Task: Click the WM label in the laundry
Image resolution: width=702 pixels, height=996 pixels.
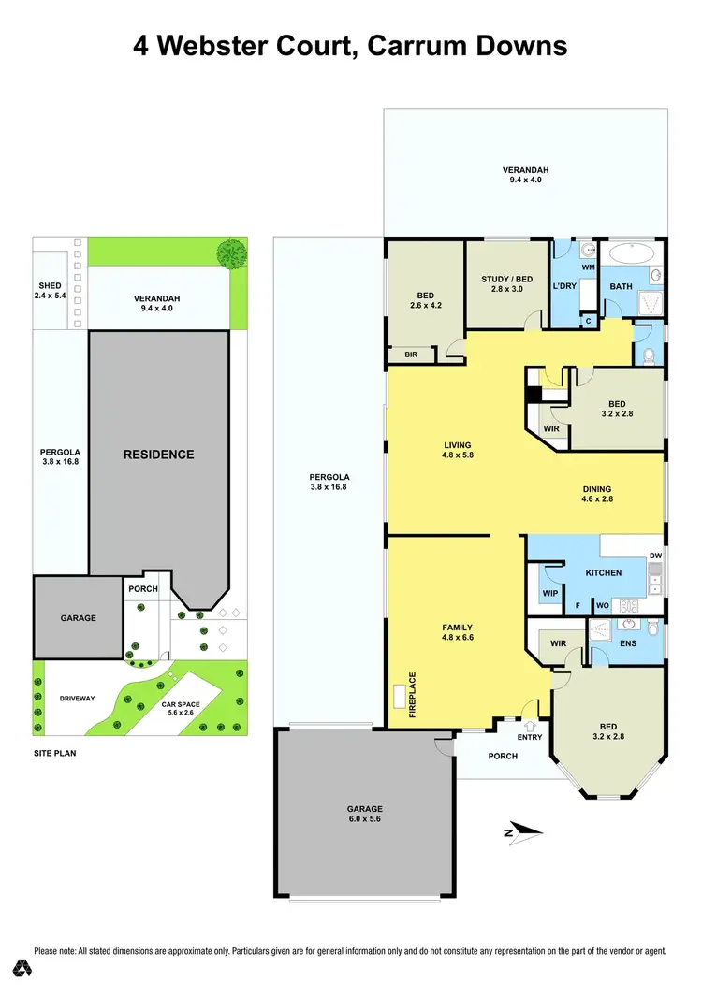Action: [x=589, y=267]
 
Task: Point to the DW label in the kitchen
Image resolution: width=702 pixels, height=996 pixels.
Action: [x=655, y=556]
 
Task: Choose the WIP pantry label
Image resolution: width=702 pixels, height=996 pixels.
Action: [x=549, y=593]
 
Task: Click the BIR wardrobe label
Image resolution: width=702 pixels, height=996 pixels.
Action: [x=410, y=355]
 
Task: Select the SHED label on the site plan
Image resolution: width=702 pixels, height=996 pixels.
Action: [x=50, y=286]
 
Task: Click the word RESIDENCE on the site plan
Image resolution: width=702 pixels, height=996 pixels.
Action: [x=159, y=455]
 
